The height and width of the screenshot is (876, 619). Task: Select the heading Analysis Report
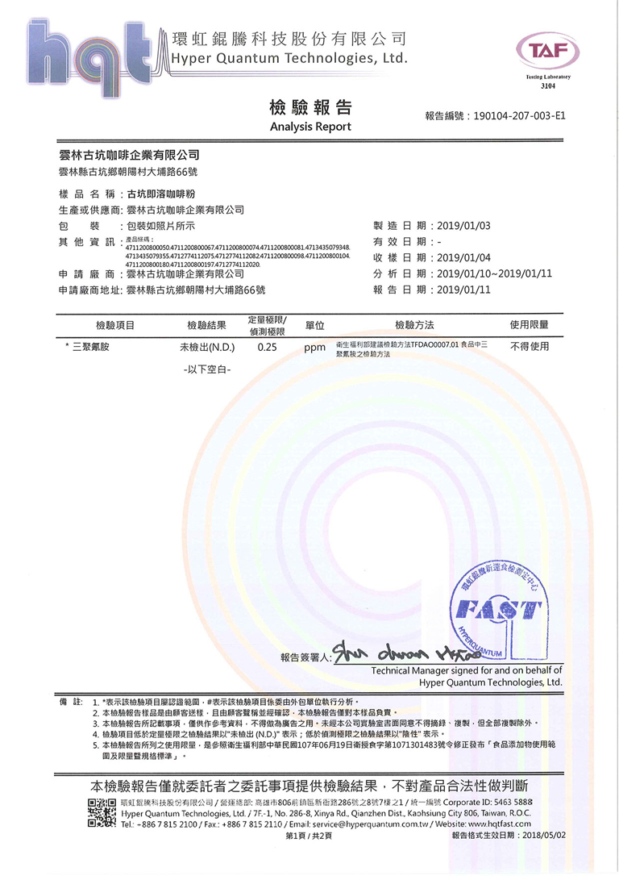coord(309,127)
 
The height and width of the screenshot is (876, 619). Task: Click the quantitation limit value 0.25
coord(267,348)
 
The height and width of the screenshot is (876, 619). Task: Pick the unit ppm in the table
coord(314,349)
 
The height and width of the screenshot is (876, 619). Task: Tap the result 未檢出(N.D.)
coord(206,348)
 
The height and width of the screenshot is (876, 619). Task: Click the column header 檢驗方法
coord(414,325)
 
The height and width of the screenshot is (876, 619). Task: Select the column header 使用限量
coord(529,325)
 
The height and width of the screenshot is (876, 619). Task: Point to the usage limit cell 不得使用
coord(529,347)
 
